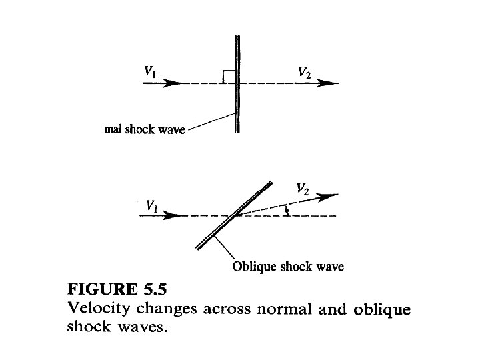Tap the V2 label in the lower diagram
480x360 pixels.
[303, 189]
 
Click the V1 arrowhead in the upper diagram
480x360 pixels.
[174, 83]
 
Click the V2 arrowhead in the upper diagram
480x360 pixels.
[330, 83]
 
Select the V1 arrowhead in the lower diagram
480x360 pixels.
[174, 216]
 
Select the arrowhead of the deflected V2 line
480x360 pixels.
[331, 195]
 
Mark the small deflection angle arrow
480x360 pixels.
[287, 210]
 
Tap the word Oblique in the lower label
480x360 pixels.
[252, 267]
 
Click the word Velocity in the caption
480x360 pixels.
[100, 309]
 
